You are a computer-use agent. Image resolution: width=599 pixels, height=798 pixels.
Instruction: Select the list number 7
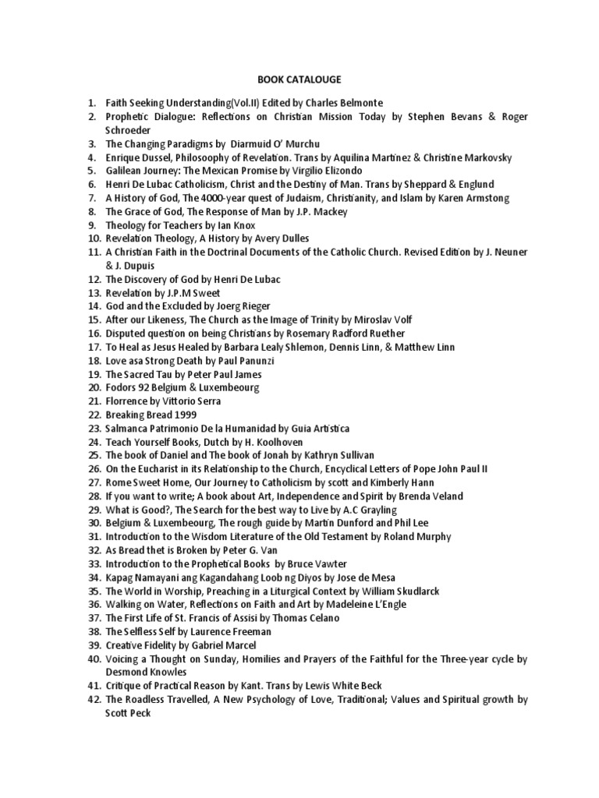click(91, 198)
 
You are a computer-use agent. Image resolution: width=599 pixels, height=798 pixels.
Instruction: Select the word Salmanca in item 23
click(129, 428)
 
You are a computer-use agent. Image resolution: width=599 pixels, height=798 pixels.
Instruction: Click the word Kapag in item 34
click(120, 577)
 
